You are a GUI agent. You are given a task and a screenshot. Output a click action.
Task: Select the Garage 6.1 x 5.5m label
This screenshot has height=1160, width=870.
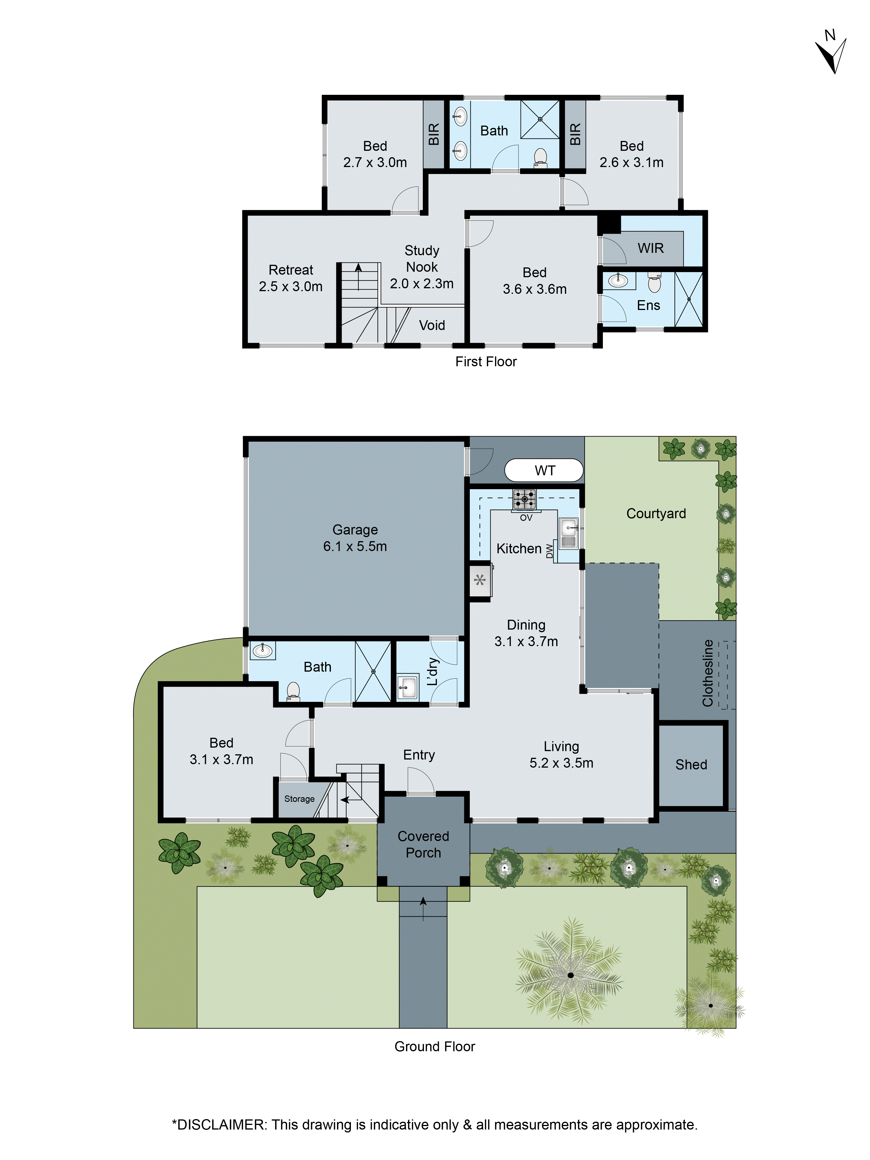(x=355, y=538)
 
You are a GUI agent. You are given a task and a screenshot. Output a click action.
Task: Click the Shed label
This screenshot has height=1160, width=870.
(x=691, y=765)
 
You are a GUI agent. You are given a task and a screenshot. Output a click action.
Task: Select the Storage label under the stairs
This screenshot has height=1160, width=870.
(x=300, y=799)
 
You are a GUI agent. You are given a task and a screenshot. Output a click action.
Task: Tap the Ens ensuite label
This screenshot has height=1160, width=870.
(x=648, y=305)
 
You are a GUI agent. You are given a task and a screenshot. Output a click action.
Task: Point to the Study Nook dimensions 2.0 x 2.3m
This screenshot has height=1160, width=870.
(x=422, y=284)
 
